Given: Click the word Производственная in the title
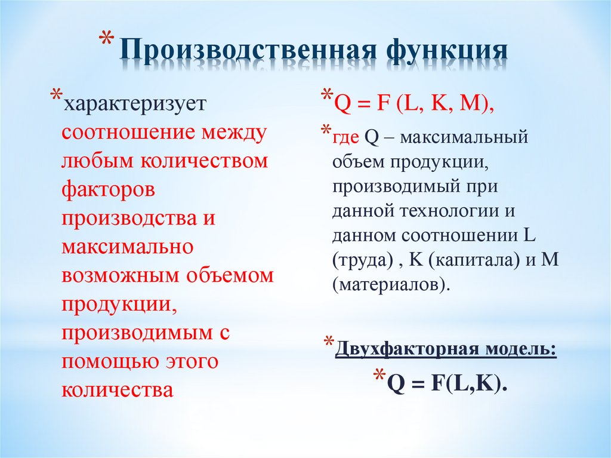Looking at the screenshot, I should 247,52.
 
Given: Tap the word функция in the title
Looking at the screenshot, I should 446,52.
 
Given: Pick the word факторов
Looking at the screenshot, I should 108,190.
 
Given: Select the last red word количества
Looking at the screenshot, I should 117,390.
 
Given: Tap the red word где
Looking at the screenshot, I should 346,137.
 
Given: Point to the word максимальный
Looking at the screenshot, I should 465,137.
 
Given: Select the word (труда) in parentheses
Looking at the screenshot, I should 363,259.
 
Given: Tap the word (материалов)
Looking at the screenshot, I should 390,284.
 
